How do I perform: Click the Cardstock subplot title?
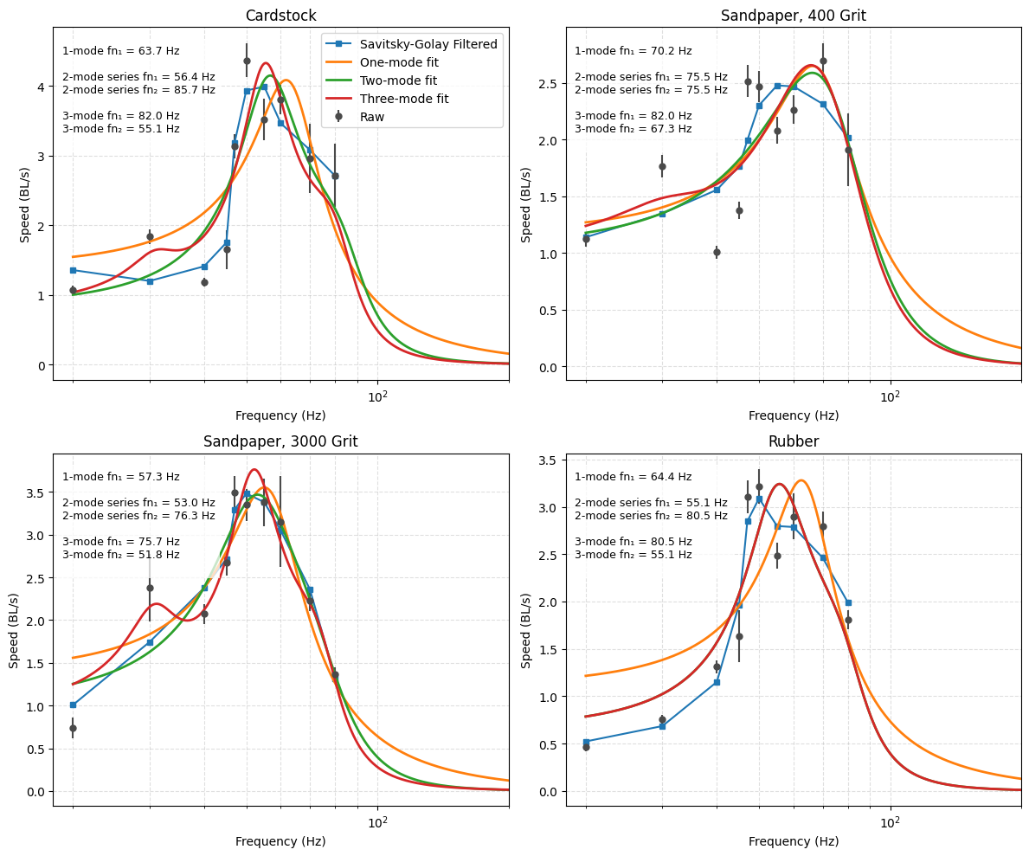280,16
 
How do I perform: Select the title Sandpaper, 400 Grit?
793,16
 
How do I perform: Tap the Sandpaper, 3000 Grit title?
280,441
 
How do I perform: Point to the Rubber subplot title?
793,441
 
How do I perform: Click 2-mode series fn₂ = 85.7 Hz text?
138,90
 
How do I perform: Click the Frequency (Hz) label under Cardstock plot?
280,415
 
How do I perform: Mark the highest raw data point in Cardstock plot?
247,61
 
